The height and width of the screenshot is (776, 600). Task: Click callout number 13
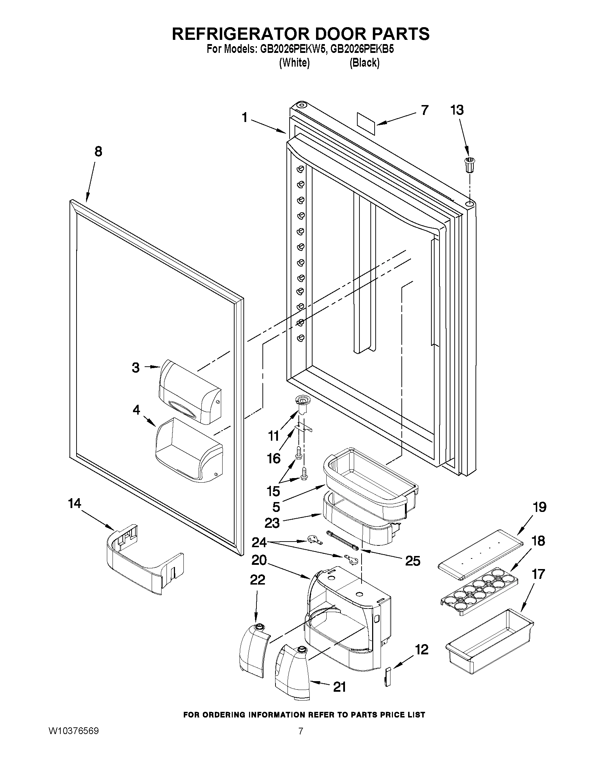point(457,110)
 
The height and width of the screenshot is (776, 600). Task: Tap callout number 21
point(339,687)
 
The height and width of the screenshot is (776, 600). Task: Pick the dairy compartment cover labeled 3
point(190,391)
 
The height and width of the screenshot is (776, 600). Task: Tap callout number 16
point(274,458)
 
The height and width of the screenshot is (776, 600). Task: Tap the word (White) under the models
point(294,63)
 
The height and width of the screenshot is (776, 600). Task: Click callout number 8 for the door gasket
point(98,151)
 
